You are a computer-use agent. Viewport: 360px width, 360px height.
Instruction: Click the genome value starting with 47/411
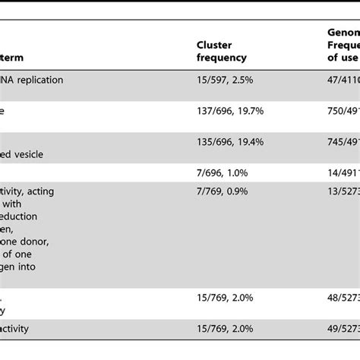tap(339, 78)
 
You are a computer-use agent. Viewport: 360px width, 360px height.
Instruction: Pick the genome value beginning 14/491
tap(339, 172)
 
